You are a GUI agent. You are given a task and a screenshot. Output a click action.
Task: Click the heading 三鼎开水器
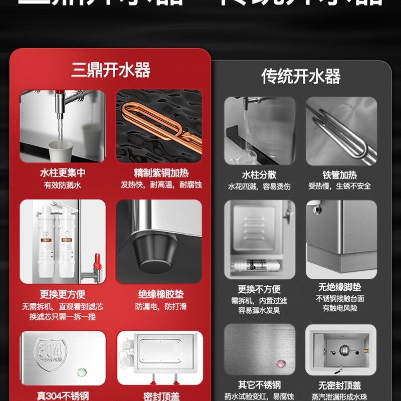111,70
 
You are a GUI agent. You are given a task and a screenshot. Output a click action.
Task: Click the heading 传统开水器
301,76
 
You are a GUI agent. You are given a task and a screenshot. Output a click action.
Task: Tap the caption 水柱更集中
63,173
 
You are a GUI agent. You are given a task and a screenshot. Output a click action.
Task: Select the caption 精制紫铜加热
161,173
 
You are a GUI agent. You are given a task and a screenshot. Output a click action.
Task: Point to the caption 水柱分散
259,175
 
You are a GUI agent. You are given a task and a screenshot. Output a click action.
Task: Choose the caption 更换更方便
63,294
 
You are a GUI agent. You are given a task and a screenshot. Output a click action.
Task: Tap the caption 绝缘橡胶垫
161,294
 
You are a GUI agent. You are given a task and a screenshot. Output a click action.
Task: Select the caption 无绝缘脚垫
340,287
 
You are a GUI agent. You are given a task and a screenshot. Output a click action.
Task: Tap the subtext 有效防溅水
63,185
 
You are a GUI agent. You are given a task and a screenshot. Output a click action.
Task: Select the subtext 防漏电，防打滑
161,306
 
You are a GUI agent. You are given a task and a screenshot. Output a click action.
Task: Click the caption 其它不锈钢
259,385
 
